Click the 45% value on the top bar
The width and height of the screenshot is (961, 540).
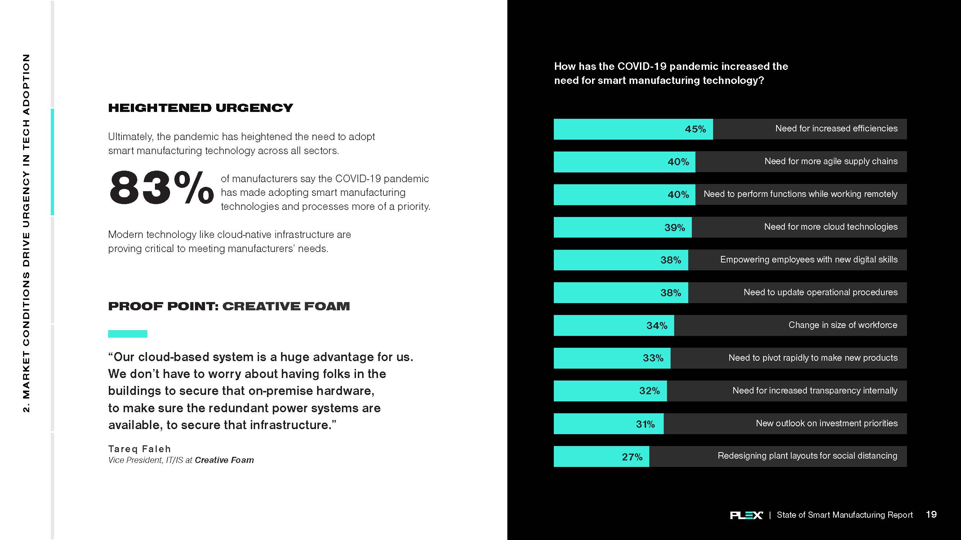695,129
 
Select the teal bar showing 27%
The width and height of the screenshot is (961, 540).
601,456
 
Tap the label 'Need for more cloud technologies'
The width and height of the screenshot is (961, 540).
831,227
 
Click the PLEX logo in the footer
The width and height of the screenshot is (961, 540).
746,515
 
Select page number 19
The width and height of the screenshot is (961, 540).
931,514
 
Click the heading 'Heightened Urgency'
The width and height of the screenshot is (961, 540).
200,108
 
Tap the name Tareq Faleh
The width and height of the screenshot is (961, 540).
139,449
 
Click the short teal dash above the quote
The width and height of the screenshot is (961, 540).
128,334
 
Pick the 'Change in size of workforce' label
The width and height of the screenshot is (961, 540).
842,325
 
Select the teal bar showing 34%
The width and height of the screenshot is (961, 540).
614,325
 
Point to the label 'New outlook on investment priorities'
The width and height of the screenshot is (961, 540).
826,423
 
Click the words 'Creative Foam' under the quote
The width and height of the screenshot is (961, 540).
224,460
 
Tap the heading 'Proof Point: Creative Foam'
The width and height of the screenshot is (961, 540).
229,306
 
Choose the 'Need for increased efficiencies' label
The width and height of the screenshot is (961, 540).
836,129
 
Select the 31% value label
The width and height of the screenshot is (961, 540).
645,424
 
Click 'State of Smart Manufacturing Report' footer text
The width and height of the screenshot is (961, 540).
845,515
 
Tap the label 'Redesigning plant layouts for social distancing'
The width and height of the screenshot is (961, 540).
807,456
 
